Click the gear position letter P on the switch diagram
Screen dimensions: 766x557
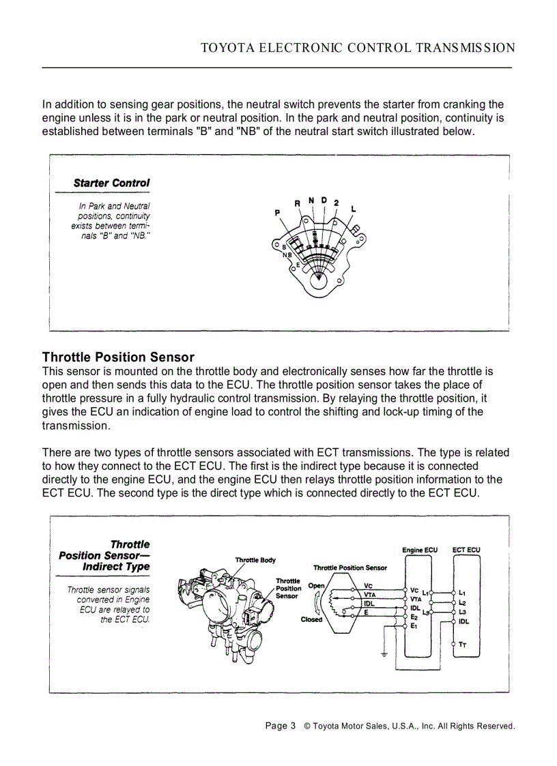(277, 213)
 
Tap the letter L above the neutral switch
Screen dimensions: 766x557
(353, 208)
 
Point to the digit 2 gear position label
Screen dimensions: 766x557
(336, 203)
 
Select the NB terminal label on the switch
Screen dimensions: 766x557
(287, 254)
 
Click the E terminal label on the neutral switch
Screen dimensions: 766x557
(298, 264)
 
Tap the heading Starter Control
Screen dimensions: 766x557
(111, 183)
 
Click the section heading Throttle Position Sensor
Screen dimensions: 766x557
(118, 357)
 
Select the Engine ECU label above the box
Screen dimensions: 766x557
(420, 550)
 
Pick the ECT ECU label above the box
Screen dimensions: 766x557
(467, 550)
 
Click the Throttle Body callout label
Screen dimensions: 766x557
(255, 560)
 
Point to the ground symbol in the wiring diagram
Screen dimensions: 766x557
(385, 655)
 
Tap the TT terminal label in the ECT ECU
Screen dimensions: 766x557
(463, 644)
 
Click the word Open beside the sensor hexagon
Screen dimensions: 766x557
(316, 585)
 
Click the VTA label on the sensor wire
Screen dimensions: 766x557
(369, 594)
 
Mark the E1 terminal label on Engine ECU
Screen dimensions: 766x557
(414, 625)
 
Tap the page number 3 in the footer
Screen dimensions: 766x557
(292, 726)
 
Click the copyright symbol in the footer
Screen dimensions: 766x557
(307, 726)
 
